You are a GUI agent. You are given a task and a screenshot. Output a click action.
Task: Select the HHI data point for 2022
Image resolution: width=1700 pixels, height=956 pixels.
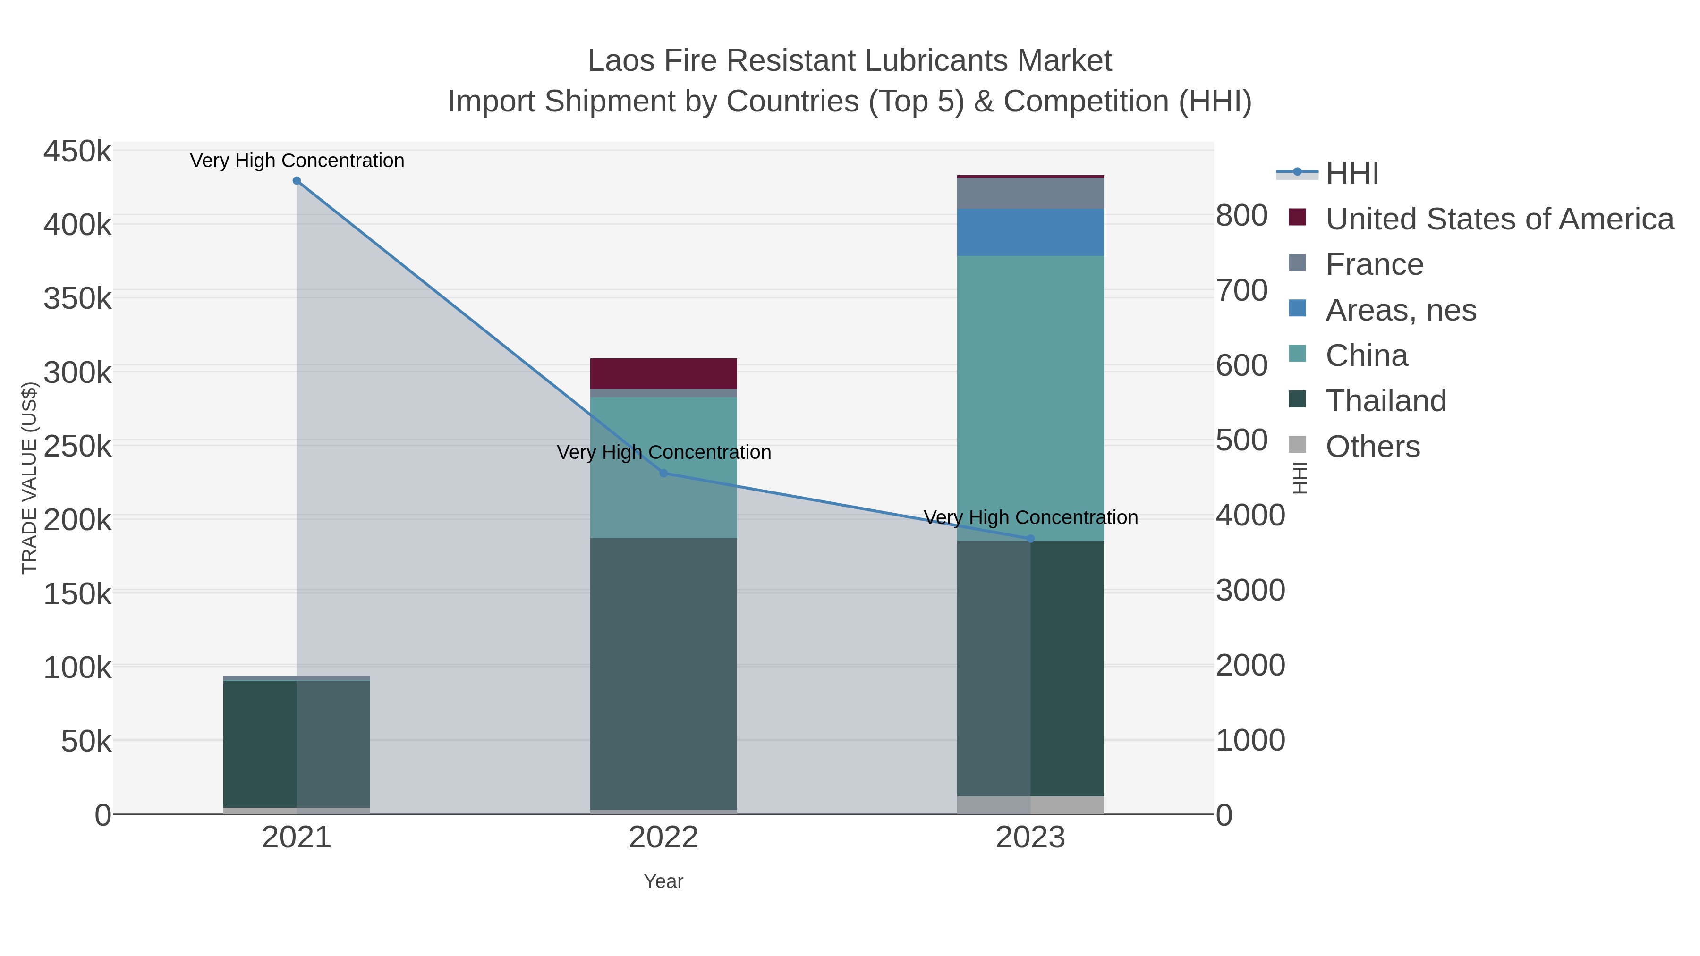664,473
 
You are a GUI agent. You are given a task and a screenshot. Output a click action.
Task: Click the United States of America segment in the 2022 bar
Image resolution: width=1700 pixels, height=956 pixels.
663,373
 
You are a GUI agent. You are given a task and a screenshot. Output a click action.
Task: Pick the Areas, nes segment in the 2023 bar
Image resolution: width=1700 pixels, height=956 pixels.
1030,232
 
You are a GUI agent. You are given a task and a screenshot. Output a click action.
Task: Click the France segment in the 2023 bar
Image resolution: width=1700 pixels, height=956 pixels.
1030,193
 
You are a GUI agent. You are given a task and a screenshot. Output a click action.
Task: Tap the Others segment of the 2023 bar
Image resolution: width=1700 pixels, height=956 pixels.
1030,805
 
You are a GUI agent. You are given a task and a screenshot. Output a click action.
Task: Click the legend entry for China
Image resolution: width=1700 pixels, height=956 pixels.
1366,355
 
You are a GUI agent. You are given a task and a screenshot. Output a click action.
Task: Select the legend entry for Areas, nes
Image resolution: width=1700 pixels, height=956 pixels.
1401,310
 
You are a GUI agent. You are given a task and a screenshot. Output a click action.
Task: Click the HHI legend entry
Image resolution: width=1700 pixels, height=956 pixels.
1351,174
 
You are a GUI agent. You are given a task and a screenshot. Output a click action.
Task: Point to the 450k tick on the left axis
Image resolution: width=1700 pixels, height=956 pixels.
78,152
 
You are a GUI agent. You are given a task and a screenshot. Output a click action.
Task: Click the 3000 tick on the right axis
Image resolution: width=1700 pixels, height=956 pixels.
1250,591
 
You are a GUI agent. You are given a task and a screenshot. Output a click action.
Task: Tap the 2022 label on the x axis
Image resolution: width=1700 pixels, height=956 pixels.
663,838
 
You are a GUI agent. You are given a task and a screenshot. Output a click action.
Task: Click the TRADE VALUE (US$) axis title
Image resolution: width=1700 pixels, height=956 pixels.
30,478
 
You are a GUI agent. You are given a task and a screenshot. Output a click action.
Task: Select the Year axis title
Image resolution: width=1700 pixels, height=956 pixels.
663,881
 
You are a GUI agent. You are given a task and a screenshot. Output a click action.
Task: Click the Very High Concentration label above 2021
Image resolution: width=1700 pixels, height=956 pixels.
297,161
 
